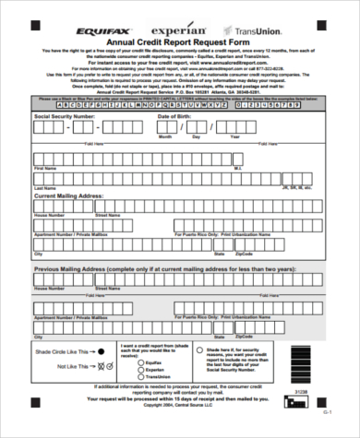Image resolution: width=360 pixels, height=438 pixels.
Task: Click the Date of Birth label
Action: [176, 116]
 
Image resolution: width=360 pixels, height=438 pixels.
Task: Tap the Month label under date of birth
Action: [167, 136]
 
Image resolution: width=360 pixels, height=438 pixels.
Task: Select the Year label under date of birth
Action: [234, 136]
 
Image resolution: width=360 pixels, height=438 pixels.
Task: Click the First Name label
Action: [44, 169]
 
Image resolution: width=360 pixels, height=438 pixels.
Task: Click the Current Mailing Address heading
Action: [70, 195]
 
